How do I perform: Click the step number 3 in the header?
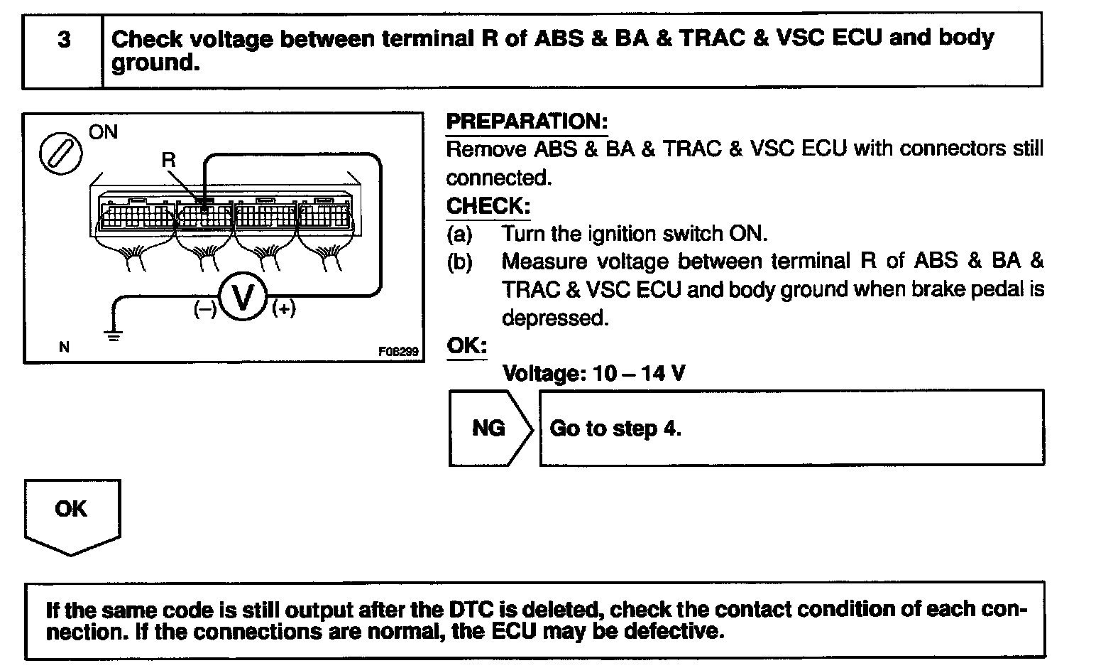(64, 40)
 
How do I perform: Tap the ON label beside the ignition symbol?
(104, 132)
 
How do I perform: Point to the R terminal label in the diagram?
(168, 161)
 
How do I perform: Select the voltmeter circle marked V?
(243, 297)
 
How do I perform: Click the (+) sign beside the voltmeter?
(283, 308)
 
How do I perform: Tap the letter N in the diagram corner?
(65, 348)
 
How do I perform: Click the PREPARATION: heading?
(527, 122)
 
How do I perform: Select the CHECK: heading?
(488, 206)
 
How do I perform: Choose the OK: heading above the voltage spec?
(466, 345)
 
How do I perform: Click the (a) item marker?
(459, 233)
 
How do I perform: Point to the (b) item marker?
(459, 262)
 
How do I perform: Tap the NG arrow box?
(489, 428)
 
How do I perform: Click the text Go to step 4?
(615, 429)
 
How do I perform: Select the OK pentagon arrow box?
(72, 515)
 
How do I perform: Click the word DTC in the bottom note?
(471, 610)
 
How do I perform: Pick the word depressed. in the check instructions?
(555, 318)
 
